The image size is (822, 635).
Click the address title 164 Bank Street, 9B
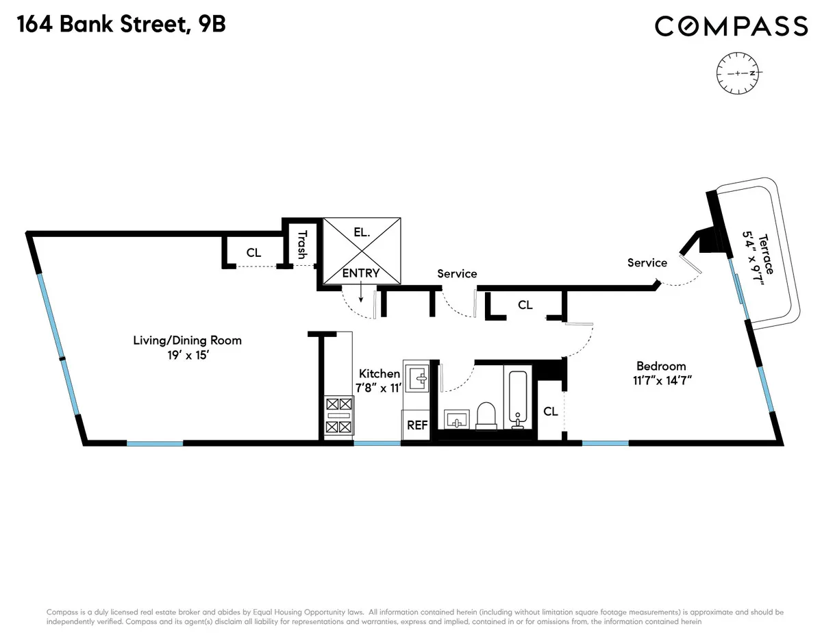[121, 25]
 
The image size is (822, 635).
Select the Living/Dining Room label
[187, 340]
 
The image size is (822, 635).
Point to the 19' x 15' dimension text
[187, 356]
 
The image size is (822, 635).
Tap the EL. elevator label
[362, 233]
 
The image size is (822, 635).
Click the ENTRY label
[360, 273]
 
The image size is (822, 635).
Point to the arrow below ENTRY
[361, 294]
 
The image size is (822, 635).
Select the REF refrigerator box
[417, 425]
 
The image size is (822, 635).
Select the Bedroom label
[660, 366]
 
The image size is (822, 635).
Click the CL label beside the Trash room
[253, 253]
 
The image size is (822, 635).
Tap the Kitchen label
[379, 373]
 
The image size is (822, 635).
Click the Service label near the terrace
[647, 262]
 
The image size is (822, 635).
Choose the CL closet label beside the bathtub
[550, 412]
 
